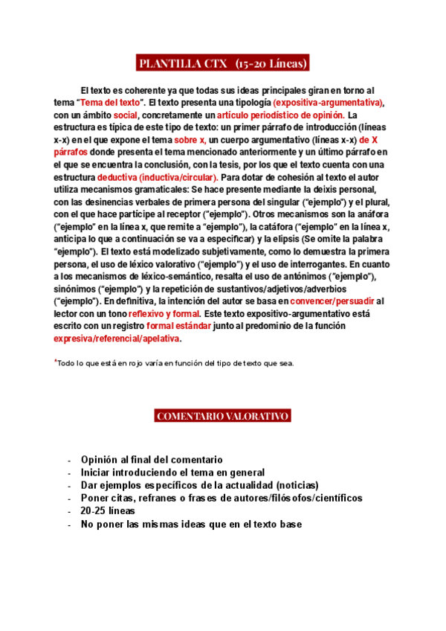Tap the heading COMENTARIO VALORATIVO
(x=223, y=416)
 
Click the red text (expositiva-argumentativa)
(x=328, y=102)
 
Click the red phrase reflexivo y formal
(x=160, y=313)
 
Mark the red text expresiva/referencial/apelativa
(x=117, y=339)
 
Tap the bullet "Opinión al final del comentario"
(x=152, y=460)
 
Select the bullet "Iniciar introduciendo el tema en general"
(x=173, y=473)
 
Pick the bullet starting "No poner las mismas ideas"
(x=191, y=524)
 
